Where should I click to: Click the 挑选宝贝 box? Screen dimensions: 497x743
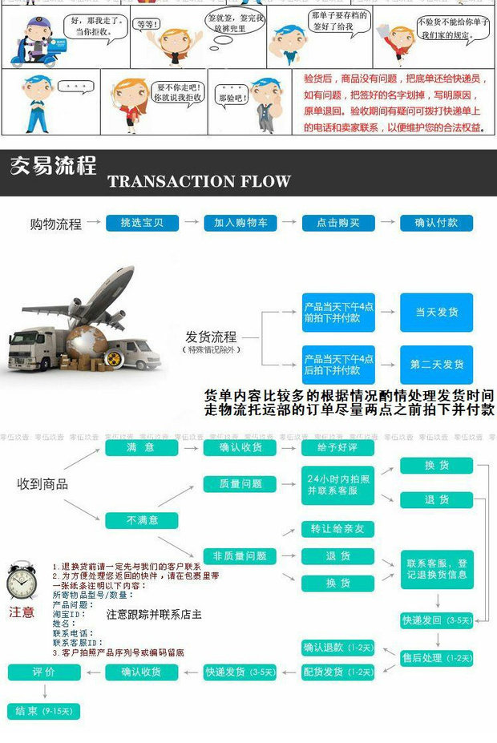[142, 223]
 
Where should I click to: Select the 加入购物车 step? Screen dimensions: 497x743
[240, 223]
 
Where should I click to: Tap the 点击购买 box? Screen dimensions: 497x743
[338, 223]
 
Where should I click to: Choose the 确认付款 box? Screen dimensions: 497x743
[437, 223]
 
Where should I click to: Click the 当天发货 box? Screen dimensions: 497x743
[437, 312]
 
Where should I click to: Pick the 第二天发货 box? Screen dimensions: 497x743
[437, 364]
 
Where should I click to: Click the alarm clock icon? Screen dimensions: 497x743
[22, 582]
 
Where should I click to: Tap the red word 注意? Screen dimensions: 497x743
[22, 612]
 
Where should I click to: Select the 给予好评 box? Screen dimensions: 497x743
[337, 447]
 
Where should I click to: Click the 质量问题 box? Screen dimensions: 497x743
[240, 484]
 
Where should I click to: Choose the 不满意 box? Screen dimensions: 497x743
[142, 520]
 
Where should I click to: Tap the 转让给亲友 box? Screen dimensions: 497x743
[337, 529]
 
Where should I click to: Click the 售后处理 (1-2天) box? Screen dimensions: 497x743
[437, 658]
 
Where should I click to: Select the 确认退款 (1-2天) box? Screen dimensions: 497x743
[337, 648]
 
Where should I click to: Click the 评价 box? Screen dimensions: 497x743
[44, 672]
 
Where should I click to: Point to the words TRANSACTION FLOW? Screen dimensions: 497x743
[199, 181]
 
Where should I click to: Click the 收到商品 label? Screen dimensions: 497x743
[42, 484]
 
